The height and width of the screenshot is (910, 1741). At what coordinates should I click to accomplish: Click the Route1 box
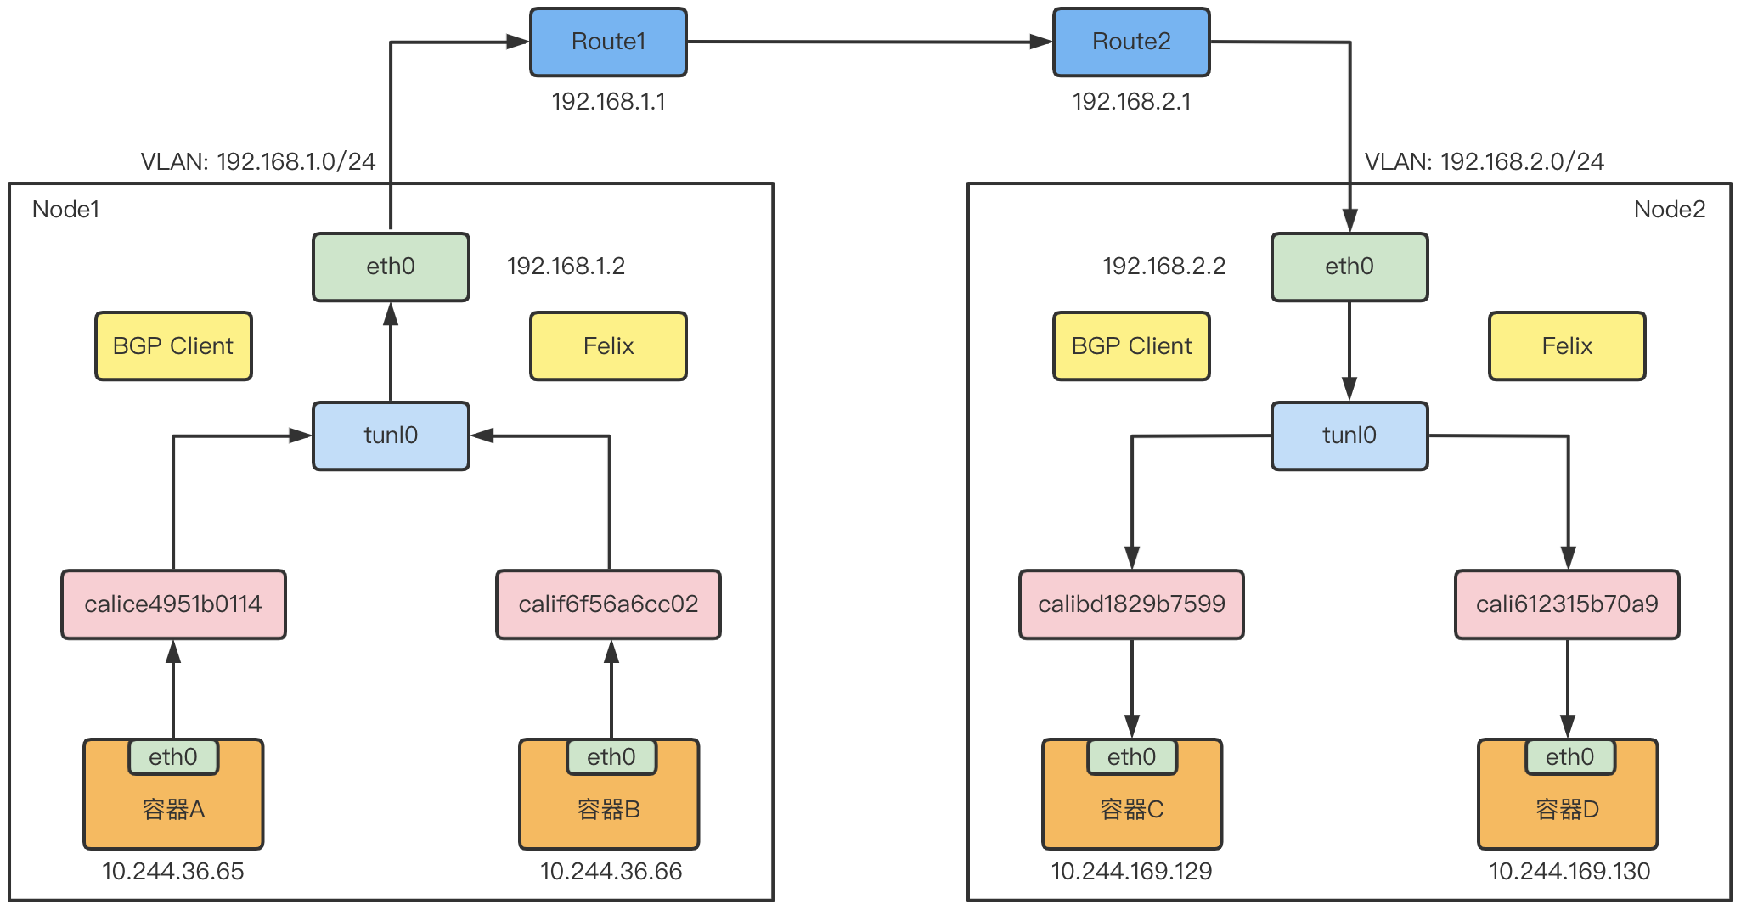[x=608, y=42]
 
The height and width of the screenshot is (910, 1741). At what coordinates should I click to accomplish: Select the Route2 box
[x=1131, y=42]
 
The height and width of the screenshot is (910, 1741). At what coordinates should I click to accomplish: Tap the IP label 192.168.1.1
[x=608, y=102]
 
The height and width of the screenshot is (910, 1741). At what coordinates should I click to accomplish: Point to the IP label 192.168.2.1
[x=1131, y=102]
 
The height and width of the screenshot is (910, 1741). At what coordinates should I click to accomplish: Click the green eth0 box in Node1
[x=391, y=267]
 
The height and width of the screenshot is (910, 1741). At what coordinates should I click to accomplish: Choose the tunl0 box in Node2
[x=1349, y=435]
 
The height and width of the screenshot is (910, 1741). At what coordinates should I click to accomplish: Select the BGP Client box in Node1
[x=173, y=345]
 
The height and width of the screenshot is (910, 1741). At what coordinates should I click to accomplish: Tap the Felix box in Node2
[x=1567, y=345]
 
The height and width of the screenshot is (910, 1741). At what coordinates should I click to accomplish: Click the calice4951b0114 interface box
[x=173, y=604]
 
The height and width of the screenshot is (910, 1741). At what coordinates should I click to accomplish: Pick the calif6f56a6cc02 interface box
[x=608, y=604]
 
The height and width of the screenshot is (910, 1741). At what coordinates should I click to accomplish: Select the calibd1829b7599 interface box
[x=1131, y=604]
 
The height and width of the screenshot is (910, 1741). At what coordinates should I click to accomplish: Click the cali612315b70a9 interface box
[x=1567, y=604]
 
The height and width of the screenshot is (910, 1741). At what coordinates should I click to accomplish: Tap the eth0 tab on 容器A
[x=173, y=756]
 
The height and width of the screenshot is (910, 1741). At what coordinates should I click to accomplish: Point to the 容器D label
[x=1567, y=810]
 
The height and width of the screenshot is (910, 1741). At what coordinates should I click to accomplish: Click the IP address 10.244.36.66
[x=611, y=872]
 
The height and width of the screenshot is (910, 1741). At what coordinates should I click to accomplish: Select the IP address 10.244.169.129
[x=1131, y=872]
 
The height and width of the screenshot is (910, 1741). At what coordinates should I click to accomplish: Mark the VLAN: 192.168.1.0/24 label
[x=258, y=161]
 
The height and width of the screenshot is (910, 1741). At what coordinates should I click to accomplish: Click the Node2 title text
[x=1670, y=210]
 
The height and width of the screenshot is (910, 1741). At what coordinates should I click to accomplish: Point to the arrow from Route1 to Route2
[x=870, y=42]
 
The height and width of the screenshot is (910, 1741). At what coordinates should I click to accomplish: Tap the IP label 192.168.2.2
[x=1163, y=267]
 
